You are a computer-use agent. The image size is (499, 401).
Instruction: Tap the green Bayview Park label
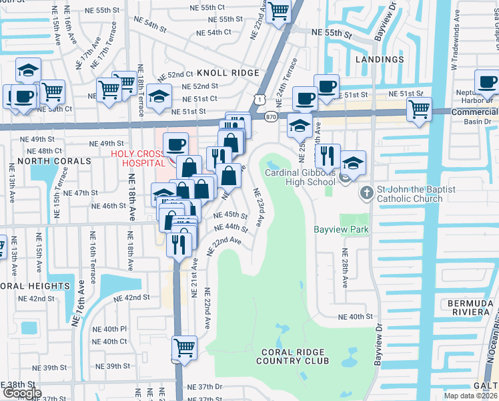pos(342,229)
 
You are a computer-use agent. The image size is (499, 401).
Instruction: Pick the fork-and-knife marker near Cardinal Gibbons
pos(327,156)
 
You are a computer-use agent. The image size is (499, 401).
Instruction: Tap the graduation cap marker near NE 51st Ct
pos(159,96)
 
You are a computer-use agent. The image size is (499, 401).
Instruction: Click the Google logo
pos(21,394)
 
